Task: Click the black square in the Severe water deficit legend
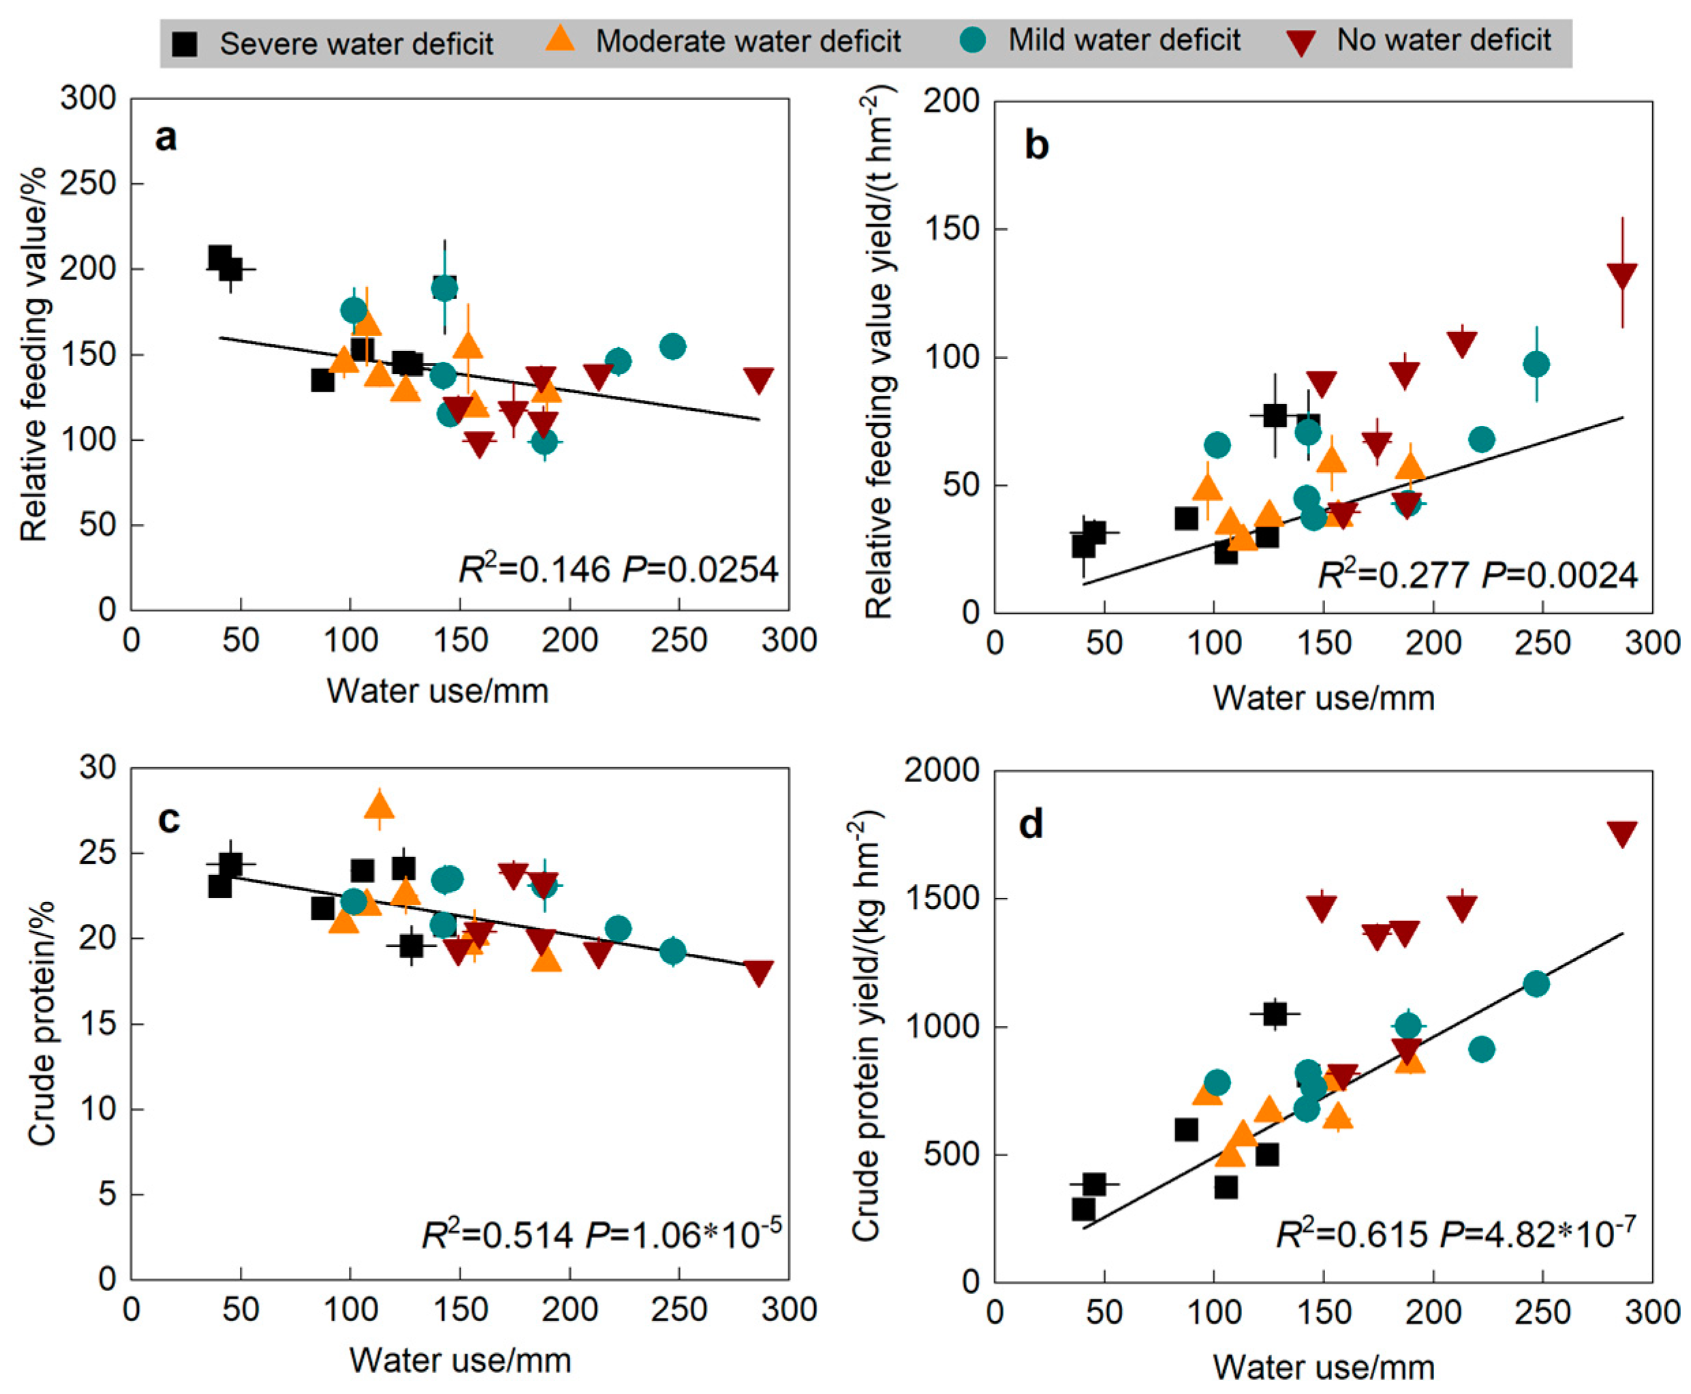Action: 185,44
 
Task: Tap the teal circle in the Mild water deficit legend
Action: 973,40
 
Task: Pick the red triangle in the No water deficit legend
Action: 1301,42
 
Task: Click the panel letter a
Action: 166,138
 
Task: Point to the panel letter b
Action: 1036,145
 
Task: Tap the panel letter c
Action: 168,819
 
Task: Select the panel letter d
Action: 1031,824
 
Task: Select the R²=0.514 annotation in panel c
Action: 498,1233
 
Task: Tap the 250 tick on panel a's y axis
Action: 89,184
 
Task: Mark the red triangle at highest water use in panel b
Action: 1622,275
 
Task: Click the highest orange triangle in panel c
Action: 379,805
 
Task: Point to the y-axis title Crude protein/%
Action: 42,1023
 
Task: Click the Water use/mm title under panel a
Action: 437,692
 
